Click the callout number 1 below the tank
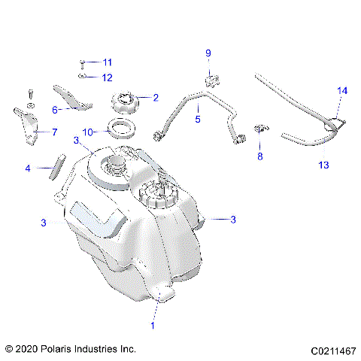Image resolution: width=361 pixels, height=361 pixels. (x=153, y=326)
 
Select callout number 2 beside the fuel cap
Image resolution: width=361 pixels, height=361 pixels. (x=156, y=97)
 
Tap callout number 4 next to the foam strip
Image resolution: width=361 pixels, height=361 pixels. (x=28, y=168)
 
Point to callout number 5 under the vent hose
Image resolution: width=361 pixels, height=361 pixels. (x=198, y=119)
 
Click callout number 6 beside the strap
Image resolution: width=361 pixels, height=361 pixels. (x=55, y=110)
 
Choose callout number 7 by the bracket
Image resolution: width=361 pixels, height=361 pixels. (x=54, y=132)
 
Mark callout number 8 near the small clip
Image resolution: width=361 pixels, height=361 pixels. (x=260, y=156)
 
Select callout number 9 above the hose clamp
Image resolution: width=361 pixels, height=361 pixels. (x=209, y=52)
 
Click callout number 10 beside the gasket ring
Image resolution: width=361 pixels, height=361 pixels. (x=87, y=131)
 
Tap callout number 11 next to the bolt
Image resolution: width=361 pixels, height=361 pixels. (x=107, y=62)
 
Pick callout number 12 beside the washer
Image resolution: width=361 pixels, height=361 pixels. (x=107, y=77)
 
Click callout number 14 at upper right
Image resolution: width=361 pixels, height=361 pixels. (x=342, y=90)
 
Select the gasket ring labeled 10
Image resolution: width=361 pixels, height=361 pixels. (x=120, y=126)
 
